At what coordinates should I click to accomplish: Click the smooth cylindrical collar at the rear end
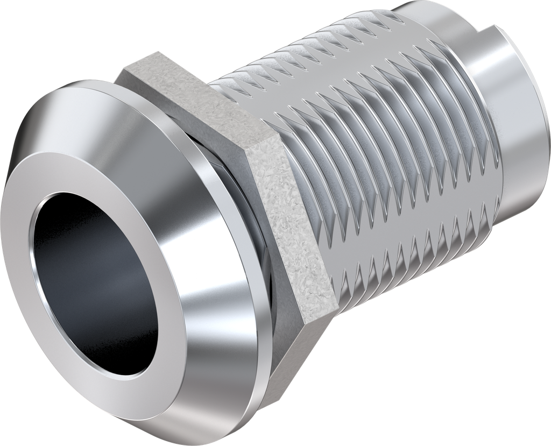pyautogui.click(x=517, y=118)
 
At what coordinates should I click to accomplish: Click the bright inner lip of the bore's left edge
pyautogui.click(x=40, y=264)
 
